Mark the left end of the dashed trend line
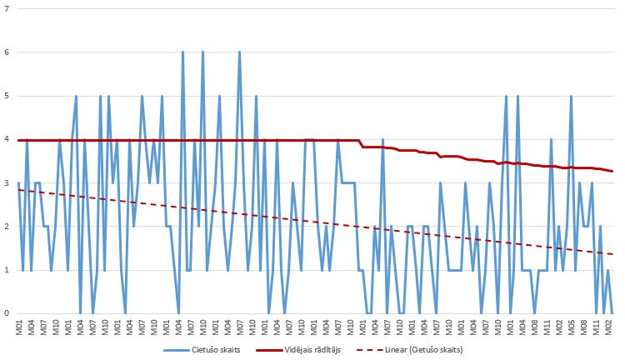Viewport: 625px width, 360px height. [18, 190]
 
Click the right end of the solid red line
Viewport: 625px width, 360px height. [612, 172]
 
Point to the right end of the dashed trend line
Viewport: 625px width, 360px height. [612, 254]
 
